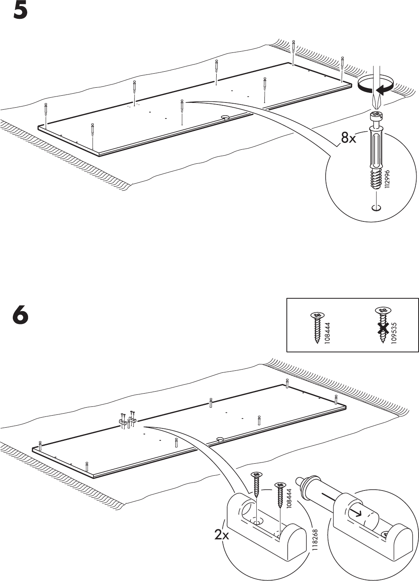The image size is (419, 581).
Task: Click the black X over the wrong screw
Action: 383,328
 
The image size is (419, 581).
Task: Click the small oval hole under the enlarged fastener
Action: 376,207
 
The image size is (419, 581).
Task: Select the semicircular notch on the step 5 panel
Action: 224,118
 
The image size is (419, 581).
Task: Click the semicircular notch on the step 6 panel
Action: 220,439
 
